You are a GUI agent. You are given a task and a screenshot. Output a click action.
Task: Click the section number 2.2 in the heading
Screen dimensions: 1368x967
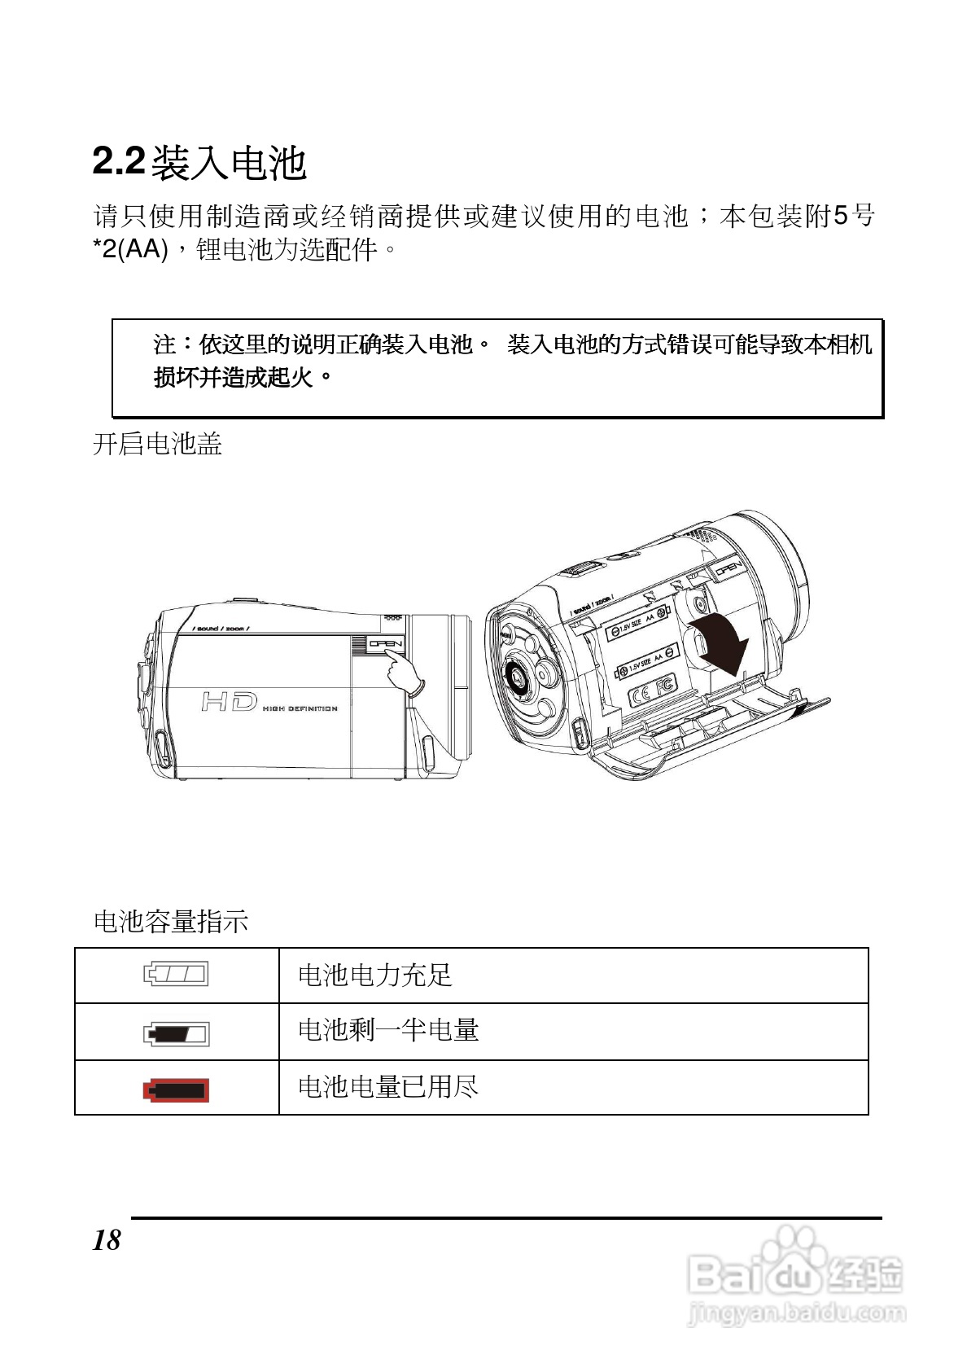pos(119,160)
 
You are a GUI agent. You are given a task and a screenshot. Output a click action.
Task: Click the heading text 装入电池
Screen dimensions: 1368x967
pos(229,163)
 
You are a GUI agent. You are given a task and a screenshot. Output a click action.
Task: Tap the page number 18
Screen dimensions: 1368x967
pos(107,1240)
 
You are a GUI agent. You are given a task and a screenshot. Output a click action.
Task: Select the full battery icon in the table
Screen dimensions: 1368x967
pos(176,974)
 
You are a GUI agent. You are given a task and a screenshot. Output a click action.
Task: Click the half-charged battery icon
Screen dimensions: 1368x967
pos(176,1034)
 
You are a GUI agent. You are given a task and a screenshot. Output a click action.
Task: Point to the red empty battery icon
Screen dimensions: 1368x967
pos(176,1090)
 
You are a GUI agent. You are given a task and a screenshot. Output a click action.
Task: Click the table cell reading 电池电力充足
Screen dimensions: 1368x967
pos(374,975)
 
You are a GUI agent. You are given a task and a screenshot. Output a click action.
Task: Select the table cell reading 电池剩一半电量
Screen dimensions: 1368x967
pos(388,1030)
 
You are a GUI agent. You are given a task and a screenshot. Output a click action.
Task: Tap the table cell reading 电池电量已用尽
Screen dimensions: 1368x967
pos(388,1086)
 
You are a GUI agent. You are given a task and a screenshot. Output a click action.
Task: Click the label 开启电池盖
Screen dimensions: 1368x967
pos(157,444)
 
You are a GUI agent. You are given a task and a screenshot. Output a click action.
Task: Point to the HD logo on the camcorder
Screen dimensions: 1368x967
pos(230,701)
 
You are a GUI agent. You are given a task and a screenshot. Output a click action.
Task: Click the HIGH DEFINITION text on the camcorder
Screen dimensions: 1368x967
pos(300,709)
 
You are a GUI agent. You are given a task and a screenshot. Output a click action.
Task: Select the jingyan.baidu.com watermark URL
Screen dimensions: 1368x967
pos(796,1313)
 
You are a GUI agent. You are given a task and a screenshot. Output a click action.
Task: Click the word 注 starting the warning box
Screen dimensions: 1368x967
pos(165,344)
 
